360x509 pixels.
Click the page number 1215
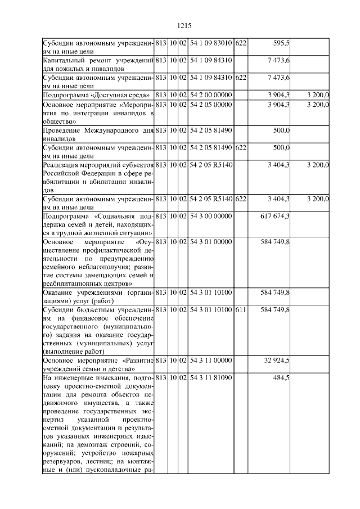point(184,25)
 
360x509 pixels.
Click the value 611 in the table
point(240,310)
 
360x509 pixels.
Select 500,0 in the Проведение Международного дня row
point(281,131)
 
